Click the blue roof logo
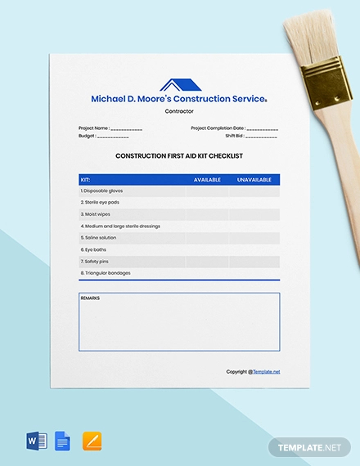pyautogui.click(x=179, y=85)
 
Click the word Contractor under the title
pyautogui.click(x=179, y=110)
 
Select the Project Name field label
pyautogui.click(x=94, y=128)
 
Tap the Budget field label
pyautogui.click(x=87, y=136)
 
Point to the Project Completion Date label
pyautogui.click(x=218, y=128)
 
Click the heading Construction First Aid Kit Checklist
pyautogui.click(x=179, y=155)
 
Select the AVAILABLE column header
pyautogui.click(x=207, y=179)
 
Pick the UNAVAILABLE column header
pyautogui.click(x=254, y=179)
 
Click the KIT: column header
pyautogui.click(x=86, y=179)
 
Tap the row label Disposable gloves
pyautogui.click(x=101, y=190)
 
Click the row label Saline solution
pyautogui.click(x=99, y=238)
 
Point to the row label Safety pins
pyautogui.click(x=96, y=262)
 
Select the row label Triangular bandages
pyautogui.click(x=106, y=273)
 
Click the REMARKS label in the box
pyautogui.click(x=91, y=298)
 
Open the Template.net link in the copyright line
pyautogui.click(x=267, y=371)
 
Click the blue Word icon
pyautogui.click(x=38, y=441)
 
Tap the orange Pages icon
pyautogui.click(x=92, y=441)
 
